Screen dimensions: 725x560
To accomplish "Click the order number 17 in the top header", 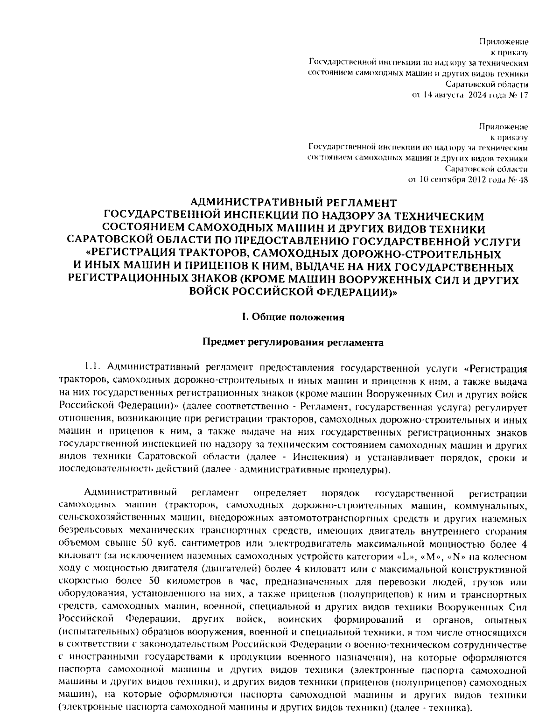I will pyautogui.click(x=523, y=96).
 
